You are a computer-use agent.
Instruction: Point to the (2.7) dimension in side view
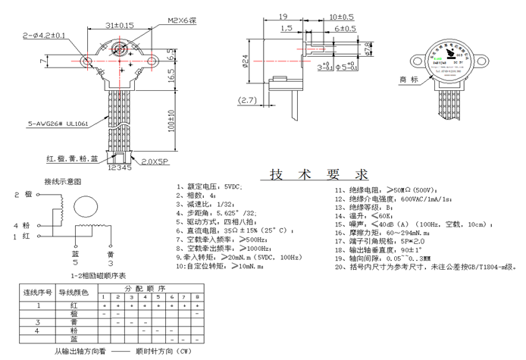[248, 100]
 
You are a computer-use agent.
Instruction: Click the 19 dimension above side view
[282, 16]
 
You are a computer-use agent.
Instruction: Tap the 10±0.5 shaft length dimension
[342, 16]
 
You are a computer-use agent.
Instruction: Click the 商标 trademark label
[409, 79]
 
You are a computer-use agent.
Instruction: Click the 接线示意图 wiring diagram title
[63, 182]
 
